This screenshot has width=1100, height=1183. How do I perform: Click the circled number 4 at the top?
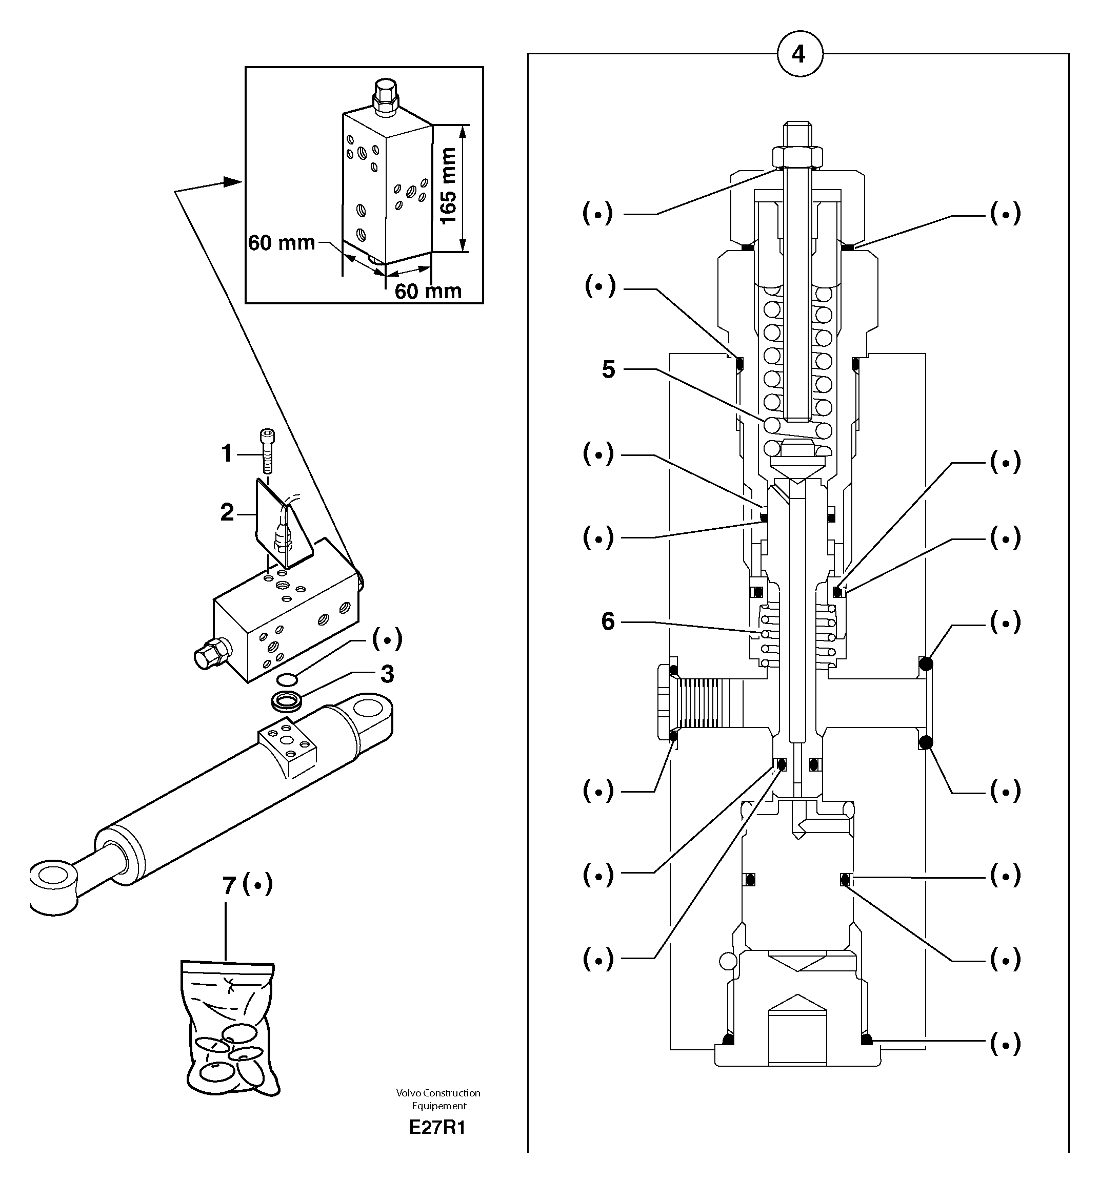[x=799, y=55]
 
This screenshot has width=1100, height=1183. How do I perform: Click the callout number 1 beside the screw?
[x=226, y=454]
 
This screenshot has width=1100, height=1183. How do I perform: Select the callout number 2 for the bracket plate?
[x=227, y=512]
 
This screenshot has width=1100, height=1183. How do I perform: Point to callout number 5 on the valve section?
[x=608, y=369]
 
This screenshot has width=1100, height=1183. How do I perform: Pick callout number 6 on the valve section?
[x=607, y=621]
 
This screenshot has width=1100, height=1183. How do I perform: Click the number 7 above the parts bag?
[x=230, y=886]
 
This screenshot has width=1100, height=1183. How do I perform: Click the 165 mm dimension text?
[x=448, y=185]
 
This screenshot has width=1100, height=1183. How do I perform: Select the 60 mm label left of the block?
[x=281, y=243]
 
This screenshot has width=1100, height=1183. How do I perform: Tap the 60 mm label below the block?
[x=428, y=291]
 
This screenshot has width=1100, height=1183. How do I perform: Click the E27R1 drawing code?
[x=437, y=1128]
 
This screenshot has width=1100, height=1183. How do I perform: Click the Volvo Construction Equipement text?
[x=438, y=1099]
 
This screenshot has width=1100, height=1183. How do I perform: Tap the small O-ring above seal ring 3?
[x=287, y=679]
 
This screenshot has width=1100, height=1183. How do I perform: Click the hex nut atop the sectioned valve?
[x=797, y=157]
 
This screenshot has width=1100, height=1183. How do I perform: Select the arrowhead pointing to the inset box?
[x=232, y=181]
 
